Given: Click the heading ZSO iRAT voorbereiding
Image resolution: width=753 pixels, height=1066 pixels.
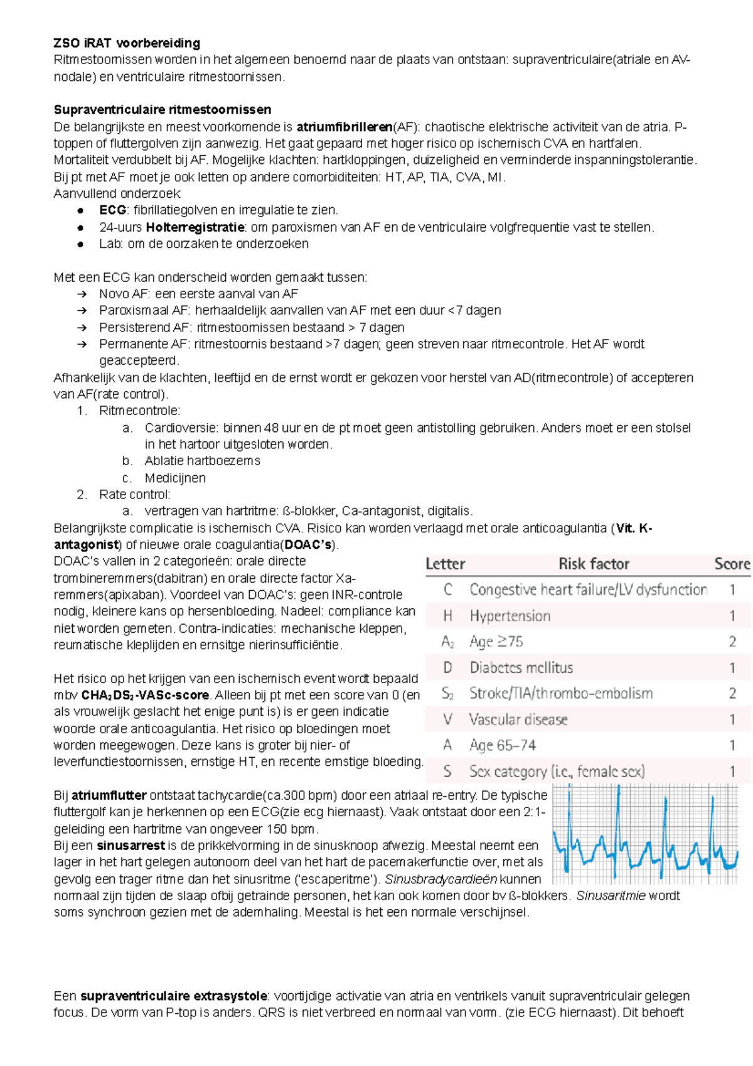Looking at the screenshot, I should pyautogui.click(x=127, y=43).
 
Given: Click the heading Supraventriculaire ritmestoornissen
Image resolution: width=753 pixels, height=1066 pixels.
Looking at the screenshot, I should pyautogui.click(x=163, y=110).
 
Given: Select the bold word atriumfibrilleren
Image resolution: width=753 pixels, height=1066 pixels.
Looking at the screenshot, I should pyautogui.click(x=344, y=127).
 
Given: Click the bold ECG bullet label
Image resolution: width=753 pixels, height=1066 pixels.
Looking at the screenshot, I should pyautogui.click(x=113, y=210).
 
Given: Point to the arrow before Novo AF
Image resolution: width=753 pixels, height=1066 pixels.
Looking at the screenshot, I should pyautogui.click(x=81, y=294).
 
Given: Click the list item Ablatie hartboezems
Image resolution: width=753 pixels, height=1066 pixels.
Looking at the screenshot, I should pyautogui.click(x=202, y=461).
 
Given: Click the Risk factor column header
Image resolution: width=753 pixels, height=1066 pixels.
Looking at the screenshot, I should pyautogui.click(x=594, y=564).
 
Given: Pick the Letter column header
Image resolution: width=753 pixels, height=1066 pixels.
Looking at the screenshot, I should pyautogui.click(x=445, y=564).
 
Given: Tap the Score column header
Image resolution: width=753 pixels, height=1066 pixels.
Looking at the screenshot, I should pyautogui.click(x=732, y=564).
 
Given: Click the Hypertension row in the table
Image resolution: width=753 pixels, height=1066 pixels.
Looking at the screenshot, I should pyautogui.click(x=510, y=616).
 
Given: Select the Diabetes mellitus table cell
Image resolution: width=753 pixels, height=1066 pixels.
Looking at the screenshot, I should pyautogui.click(x=521, y=667).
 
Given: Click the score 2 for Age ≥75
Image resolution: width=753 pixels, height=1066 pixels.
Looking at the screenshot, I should pyautogui.click(x=732, y=642).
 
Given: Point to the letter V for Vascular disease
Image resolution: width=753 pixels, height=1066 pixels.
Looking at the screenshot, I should pyautogui.click(x=447, y=719).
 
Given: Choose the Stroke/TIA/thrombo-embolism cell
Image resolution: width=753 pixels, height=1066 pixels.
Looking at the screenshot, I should pyautogui.click(x=560, y=693).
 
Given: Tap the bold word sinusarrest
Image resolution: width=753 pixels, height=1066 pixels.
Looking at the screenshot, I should pyautogui.click(x=131, y=846).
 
